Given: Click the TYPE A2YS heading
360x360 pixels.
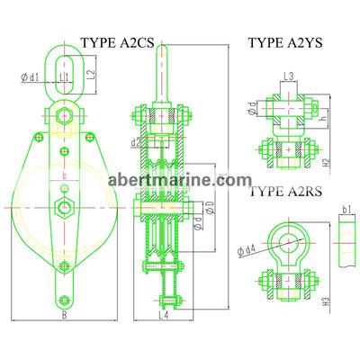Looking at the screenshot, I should click(286, 43).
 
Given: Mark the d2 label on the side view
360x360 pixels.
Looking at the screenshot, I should click(134, 142).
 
